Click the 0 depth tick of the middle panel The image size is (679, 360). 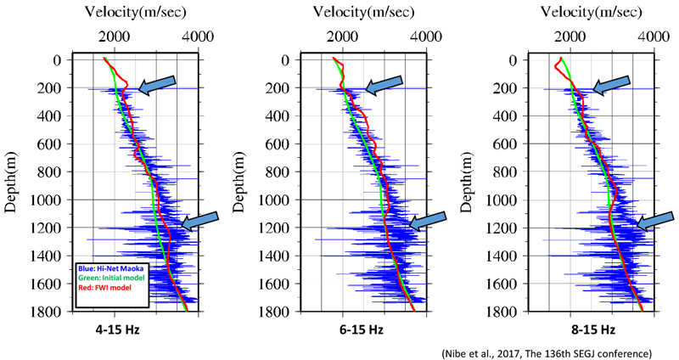click(x=289, y=60)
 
